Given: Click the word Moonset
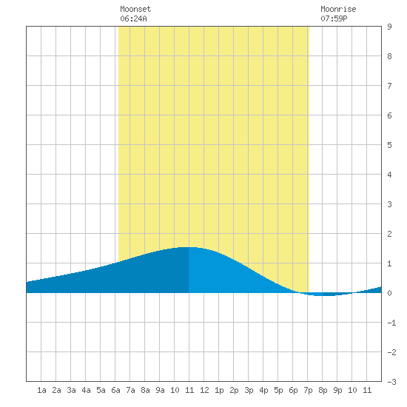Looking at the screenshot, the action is click(x=135, y=9).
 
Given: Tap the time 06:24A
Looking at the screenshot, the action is click(x=133, y=18).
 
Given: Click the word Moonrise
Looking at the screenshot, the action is click(x=338, y=9).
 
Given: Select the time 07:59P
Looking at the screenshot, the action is click(x=334, y=18).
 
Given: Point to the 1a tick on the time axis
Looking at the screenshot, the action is click(x=41, y=390).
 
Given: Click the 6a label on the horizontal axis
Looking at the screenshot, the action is click(x=115, y=390).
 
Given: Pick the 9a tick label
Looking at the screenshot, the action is click(x=160, y=390).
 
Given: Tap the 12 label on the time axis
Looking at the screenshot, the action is click(x=204, y=390).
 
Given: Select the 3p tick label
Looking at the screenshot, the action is click(x=249, y=390).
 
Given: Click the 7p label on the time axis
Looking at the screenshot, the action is click(x=308, y=390).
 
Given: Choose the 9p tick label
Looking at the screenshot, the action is click(x=337, y=390).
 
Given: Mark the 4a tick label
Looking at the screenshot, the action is click(x=86, y=390).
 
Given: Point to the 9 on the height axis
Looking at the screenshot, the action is click(x=389, y=27).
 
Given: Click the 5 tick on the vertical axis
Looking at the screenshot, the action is click(x=389, y=145).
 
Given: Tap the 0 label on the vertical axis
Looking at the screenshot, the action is click(x=389, y=293).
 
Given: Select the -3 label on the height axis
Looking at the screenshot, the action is click(x=391, y=382).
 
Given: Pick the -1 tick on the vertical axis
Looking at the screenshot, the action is click(x=391, y=323).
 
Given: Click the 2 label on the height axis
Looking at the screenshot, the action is click(x=389, y=234).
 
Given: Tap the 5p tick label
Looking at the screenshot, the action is click(x=278, y=390).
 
